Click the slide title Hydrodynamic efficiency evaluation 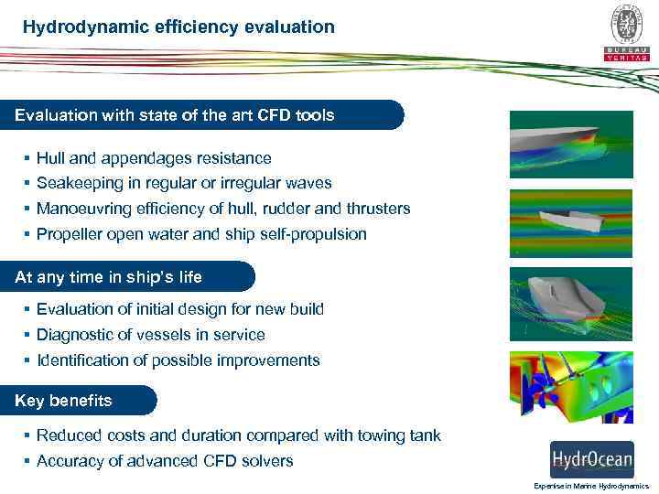pyautogui.click(x=179, y=27)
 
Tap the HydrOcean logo pyautogui.click(x=590, y=458)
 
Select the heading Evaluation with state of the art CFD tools pyautogui.click(x=175, y=115)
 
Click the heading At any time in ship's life pyautogui.click(x=109, y=276)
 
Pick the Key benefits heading pyautogui.click(x=64, y=400)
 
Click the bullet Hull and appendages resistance pyautogui.click(x=154, y=158)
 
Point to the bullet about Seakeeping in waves pyautogui.click(x=184, y=183)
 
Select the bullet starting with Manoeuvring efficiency pyautogui.click(x=223, y=209)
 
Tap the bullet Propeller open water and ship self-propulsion pyautogui.click(x=201, y=234)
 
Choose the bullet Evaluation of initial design pyautogui.click(x=180, y=309)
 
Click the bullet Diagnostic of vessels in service pyautogui.click(x=151, y=335)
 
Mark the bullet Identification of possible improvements pyautogui.click(x=178, y=360)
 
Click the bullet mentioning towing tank pyautogui.click(x=239, y=435)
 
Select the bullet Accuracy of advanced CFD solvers pyautogui.click(x=165, y=461)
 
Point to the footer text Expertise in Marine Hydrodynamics pyautogui.click(x=590, y=486)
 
